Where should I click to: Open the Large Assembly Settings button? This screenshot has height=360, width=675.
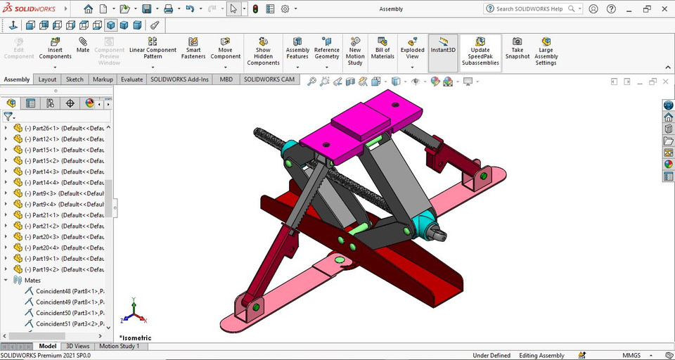click(x=546, y=51)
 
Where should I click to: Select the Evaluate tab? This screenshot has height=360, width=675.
click(x=131, y=79)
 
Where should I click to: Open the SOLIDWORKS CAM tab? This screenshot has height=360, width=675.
click(x=269, y=79)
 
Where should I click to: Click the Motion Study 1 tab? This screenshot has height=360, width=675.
click(x=119, y=346)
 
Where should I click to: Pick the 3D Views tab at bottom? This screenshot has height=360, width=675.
click(x=77, y=346)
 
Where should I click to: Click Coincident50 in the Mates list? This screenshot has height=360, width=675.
click(x=70, y=312)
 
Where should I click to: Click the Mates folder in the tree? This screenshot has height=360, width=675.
click(x=32, y=280)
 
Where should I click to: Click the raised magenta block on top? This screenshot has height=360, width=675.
click(x=360, y=124)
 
